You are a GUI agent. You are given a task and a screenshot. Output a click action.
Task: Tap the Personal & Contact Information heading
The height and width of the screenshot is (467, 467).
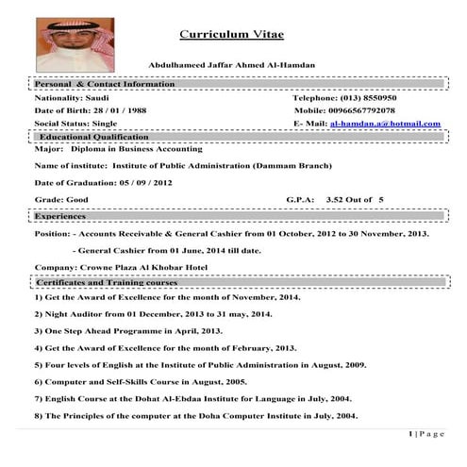pyautogui.click(x=106, y=84)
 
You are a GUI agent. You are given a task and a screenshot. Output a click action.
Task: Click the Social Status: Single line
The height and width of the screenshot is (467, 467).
pyautogui.click(x=75, y=124)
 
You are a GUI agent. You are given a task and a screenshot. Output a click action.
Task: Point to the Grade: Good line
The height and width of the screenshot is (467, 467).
pyautogui.click(x=60, y=201)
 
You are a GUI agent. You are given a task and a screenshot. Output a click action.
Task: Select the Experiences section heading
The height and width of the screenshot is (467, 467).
pyautogui.click(x=67, y=216)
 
